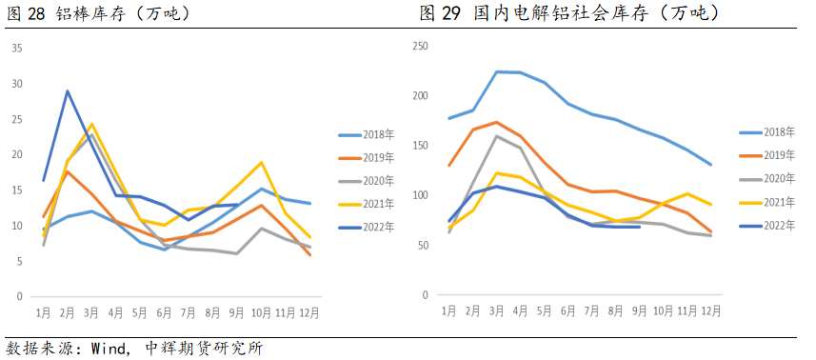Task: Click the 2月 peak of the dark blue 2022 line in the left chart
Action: [x=67, y=91]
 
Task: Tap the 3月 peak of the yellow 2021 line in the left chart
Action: [x=91, y=124]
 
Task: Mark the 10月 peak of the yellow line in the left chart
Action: [x=261, y=162]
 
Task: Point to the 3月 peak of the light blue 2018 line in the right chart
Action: [x=496, y=71]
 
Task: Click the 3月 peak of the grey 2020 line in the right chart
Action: [x=496, y=135]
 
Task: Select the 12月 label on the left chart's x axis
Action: [x=309, y=311]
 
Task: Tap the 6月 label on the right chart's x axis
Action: [x=569, y=311]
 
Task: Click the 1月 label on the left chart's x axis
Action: [x=43, y=311]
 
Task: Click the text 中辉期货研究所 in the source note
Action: [x=204, y=348]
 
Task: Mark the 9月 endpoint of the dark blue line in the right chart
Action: [x=640, y=227]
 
